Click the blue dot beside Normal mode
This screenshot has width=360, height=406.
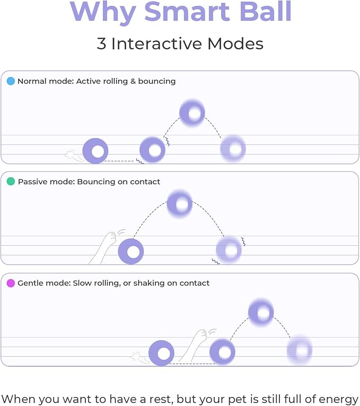point(11,81)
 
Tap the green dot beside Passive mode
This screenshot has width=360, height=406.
point(11,182)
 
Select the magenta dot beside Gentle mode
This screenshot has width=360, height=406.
point(11,283)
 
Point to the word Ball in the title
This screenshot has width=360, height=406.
point(266,12)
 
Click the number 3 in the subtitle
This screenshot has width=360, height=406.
point(101,43)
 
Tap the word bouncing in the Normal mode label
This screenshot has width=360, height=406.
point(157,81)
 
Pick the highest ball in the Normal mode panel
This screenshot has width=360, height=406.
point(192,113)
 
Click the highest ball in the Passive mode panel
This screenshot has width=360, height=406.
point(180,204)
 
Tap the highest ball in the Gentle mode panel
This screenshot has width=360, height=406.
point(261,312)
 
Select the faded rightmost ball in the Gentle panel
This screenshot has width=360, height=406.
point(300,350)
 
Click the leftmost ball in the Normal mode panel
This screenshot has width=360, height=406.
point(95,151)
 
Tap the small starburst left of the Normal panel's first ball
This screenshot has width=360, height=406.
point(69,154)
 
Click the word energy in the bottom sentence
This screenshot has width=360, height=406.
point(338,399)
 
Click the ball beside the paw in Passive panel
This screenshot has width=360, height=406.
point(131,251)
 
